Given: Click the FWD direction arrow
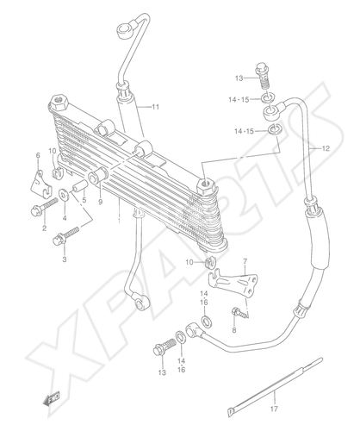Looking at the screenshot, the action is pyautogui.click(x=52, y=399).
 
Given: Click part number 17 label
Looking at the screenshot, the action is pyautogui.click(x=274, y=409).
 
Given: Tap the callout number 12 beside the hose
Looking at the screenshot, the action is pyautogui.click(x=326, y=148).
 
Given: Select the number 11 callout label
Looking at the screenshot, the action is pyautogui.click(x=155, y=107).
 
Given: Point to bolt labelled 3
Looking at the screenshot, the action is pyautogui.click(x=66, y=236).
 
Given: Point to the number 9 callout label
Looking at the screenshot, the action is pyautogui.click(x=100, y=203).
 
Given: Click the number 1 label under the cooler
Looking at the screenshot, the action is pyautogui.click(x=119, y=221).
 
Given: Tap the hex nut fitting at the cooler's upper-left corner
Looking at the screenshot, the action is pyautogui.click(x=59, y=103).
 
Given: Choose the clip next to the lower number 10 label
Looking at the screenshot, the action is pyautogui.click(x=211, y=262).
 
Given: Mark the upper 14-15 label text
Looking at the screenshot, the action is pyautogui.click(x=239, y=100).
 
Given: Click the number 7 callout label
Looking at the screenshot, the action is pyautogui.click(x=245, y=262).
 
